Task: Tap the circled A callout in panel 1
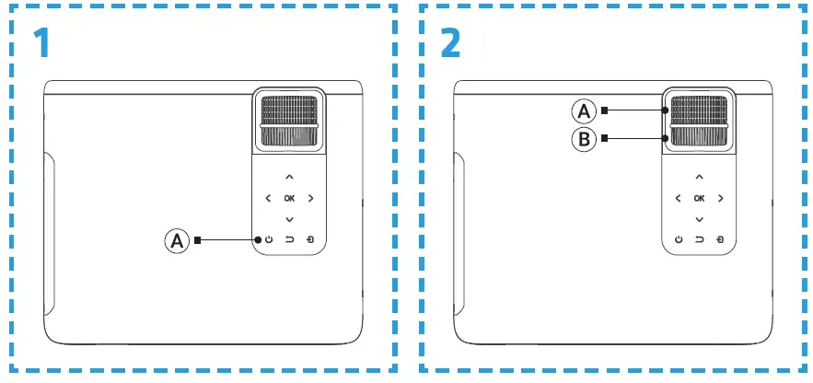pos(176,241)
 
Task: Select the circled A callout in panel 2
pos(584,111)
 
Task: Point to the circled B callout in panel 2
pos(584,140)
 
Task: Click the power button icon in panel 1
pos(268,240)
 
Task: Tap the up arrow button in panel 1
pos(289,176)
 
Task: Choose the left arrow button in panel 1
pos(268,198)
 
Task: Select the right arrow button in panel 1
pos(310,198)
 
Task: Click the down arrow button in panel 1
pos(289,219)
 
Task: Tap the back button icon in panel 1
pos(289,240)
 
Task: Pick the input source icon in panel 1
pos(310,240)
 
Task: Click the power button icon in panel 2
pos(679,240)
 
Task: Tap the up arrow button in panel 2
pos(700,176)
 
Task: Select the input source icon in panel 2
pos(721,240)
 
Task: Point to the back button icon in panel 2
pos(700,240)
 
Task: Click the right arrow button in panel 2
pos(721,198)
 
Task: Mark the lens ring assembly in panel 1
pos(288,122)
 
